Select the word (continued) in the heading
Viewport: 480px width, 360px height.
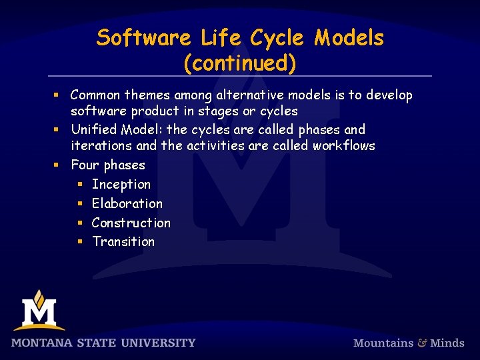(x=240, y=63)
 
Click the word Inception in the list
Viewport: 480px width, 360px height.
(x=121, y=184)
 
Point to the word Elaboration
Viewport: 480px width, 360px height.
(x=127, y=203)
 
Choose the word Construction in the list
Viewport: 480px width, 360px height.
(x=131, y=223)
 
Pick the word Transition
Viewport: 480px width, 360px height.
(x=123, y=241)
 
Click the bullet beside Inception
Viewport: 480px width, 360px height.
(x=79, y=185)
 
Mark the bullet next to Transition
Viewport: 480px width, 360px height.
(x=79, y=242)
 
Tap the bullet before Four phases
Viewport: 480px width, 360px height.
(x=58, y=165)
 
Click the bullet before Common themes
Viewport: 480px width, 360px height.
(x=58, y=96)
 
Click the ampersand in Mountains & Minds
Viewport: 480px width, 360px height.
(x=422, y=343)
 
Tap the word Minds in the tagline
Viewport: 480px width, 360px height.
(x=447, y=343)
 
